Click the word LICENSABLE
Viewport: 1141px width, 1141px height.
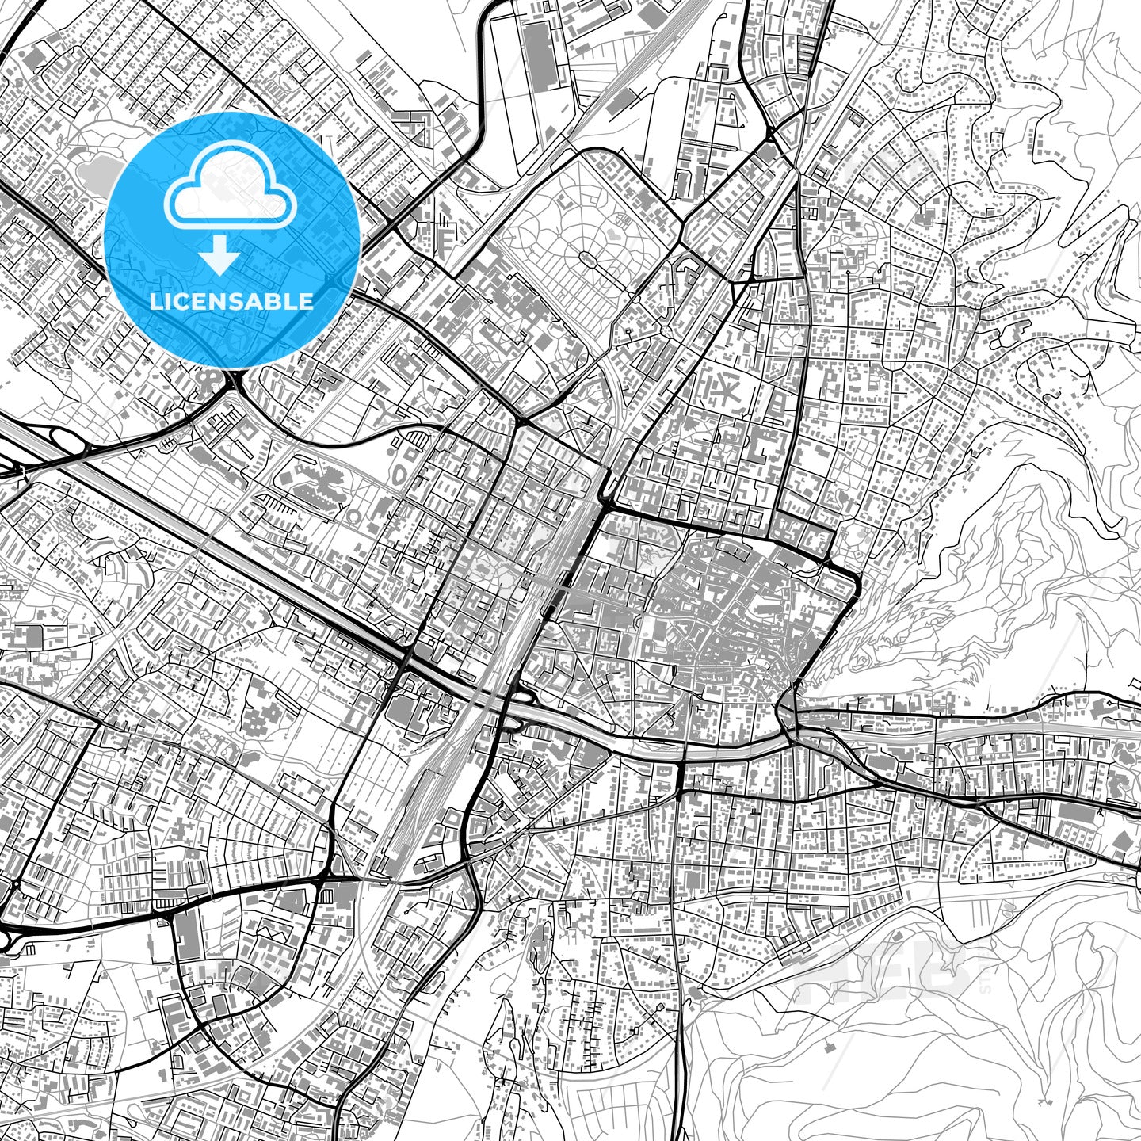[x=231, y=301]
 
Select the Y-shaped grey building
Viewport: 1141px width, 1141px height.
[x=385, y=409]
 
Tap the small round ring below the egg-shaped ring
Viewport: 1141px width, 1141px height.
[x=353, y=516]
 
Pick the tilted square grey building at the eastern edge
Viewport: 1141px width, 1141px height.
[x=1122, y=841]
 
